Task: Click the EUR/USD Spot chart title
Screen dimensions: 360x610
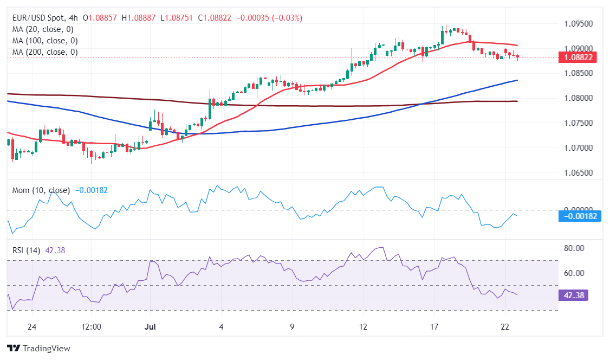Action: click(x=41, y=18)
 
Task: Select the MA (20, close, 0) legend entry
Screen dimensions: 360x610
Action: click(x=43, y=29)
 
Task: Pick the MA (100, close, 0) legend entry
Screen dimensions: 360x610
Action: click(x=45, y=41)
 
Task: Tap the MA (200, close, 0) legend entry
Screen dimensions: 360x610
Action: click(x=45, y=52)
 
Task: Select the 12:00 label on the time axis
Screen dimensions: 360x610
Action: click(x=91, y=327)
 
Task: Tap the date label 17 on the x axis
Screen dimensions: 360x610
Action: click(x=434, y=327)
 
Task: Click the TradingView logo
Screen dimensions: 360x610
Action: click(x=38, y=348)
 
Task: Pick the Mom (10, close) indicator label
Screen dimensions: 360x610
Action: click(x=41, y=190)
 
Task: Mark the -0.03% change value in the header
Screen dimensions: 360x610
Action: click(x=287, y=18)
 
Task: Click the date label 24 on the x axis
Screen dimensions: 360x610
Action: click(x=31, y=327)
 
